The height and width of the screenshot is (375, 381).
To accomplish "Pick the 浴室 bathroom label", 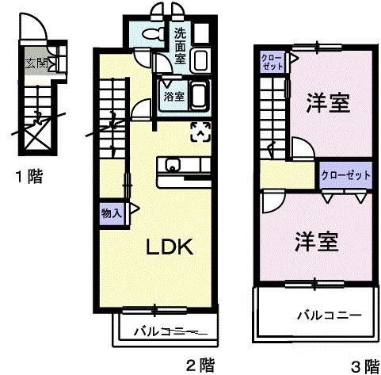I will pos(174,97).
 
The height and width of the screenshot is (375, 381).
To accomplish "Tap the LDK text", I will pos(168,247).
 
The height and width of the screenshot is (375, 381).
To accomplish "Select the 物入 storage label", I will pos(112,212).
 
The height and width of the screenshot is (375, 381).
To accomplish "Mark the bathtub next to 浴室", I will pos(198,97).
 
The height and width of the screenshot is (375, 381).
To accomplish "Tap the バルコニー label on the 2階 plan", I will pos(164,331).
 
